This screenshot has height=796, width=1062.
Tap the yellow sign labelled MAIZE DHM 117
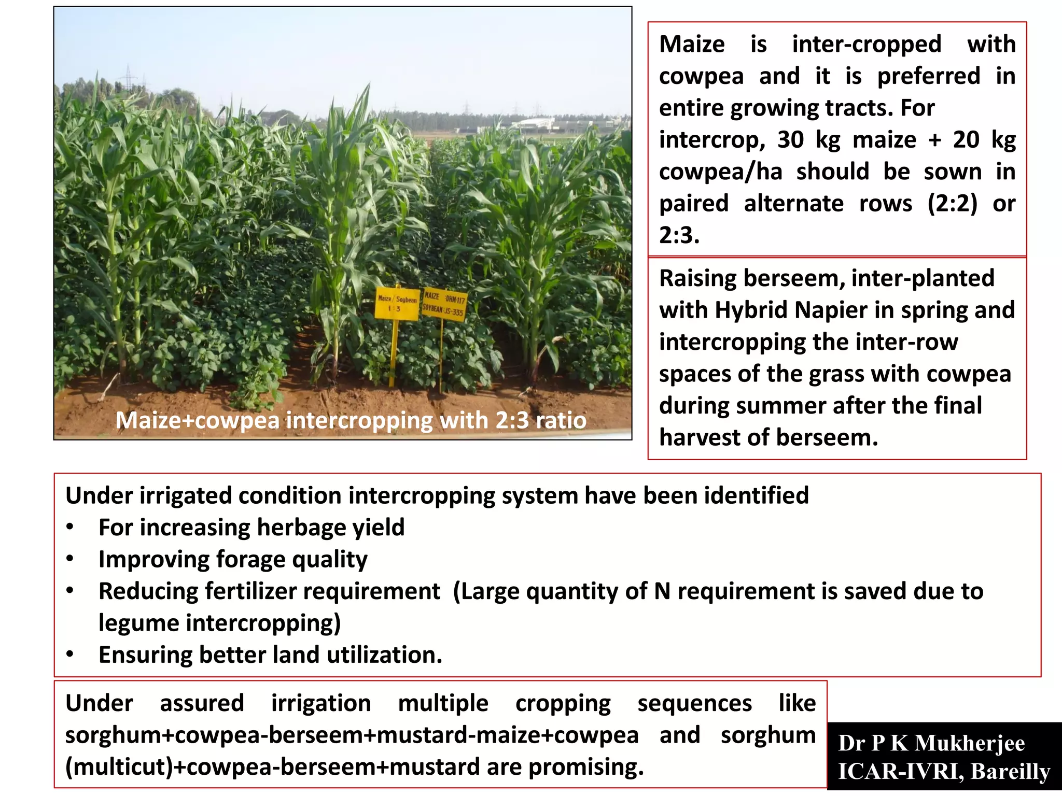[x=444, y=304]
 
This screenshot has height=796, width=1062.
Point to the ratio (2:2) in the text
[x=952, y=204]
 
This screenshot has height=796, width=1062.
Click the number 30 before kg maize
[x=791, y=140]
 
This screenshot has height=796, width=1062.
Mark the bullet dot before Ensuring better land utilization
[x=70, y=655]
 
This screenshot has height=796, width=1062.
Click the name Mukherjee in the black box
[x=970, y=744]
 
